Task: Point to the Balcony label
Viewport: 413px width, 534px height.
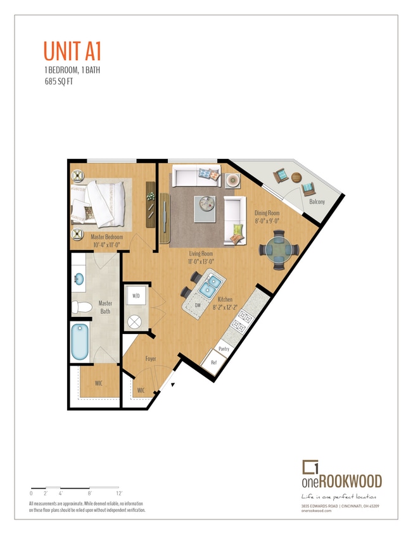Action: pyautogui.click(x=317, y=202)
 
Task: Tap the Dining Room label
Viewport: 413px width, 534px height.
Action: pyautogui.click(x=267, y=217)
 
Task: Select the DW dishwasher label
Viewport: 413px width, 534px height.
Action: pyautogui.click(x=198, y=305)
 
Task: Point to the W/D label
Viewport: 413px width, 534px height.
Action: pyautogui.click(x=136, y=295)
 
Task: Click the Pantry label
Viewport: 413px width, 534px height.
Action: pyautogui.click(x=224, y=349)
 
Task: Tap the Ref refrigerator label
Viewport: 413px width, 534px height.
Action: pyautogui.click(x=213, y=363)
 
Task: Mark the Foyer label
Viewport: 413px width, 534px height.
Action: pyautogui.click(x=151, y=359)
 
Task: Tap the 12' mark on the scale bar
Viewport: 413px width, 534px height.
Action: pyautogui.click(x=118, y=492)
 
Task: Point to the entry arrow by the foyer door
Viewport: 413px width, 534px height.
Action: pyautogui.click(x=173, y=383)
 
